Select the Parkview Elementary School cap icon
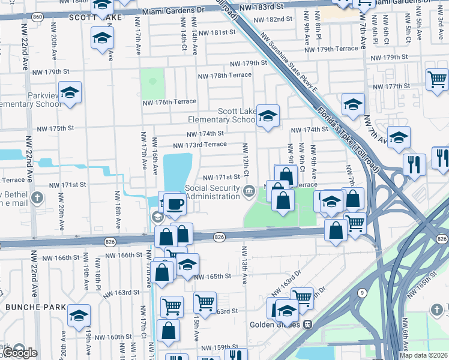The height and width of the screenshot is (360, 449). coord(70,92)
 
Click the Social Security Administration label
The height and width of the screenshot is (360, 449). coord(213,192)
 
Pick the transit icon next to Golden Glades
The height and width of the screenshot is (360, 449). coord(307,324)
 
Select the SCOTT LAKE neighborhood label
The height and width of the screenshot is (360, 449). coord(95,18)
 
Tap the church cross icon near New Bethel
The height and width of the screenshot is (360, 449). coord(37,197)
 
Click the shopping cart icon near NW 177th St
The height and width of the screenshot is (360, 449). coord(437,79)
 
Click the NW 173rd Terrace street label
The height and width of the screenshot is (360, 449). coord(200,145)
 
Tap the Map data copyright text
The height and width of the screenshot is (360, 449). coord(424,355)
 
